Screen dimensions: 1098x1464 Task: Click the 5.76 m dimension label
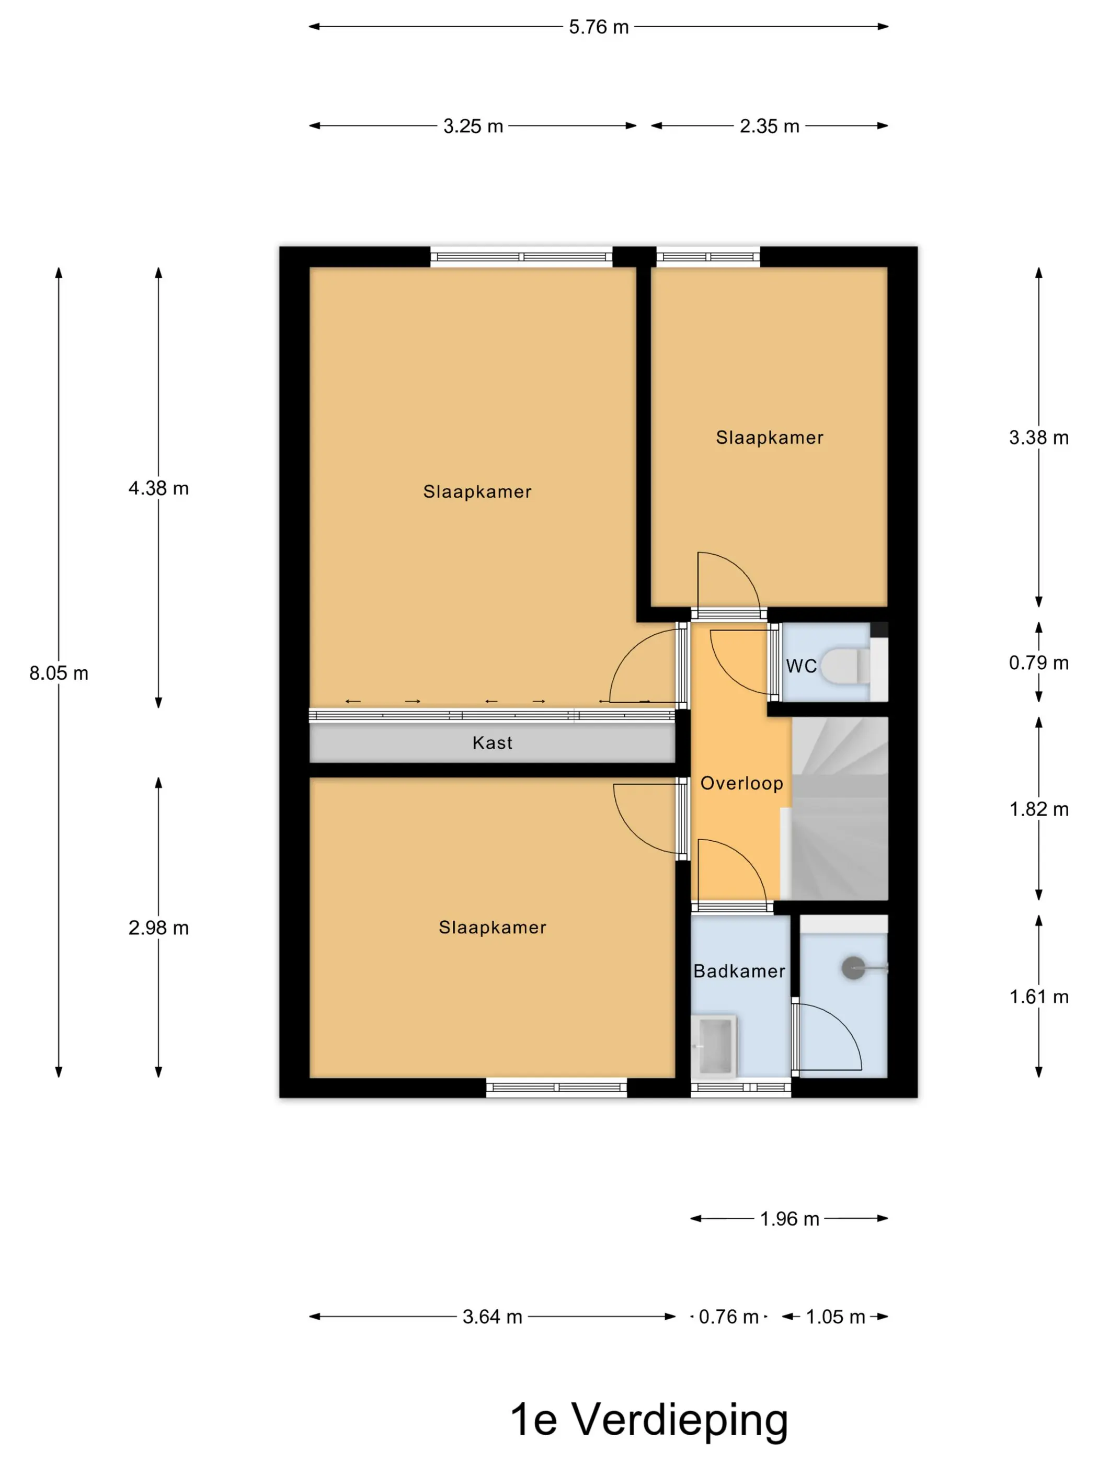tap(598, 27)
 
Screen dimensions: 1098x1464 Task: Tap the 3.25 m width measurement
tap(473, 126)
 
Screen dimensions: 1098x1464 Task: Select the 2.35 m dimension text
tap(769, 126)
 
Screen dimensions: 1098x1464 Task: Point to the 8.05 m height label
tap(59, 673)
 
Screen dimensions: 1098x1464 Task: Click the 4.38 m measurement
tap(159, 488)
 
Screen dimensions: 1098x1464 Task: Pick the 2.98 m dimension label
tap(159, 928)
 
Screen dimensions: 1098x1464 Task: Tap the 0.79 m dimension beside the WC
tap(1038, 662)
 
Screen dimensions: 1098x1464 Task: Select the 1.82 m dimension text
tap(1038, 809)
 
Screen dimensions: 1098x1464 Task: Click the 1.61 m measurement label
tap(1038, 997)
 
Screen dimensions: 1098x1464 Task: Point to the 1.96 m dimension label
tap(789, 1218)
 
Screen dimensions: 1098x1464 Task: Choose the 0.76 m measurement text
tap(728, 1317)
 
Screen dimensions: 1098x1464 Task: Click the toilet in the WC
tap(846, 665)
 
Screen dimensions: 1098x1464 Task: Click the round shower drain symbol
tap(853, 968)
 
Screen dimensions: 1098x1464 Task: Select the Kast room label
tap(493, 742)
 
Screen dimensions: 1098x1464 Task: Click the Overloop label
tap(742, 784)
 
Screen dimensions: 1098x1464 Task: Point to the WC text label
tap(802, 666)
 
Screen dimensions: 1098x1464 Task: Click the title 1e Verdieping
tap(649, 1420)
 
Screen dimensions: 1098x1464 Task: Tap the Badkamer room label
tap(739, 971)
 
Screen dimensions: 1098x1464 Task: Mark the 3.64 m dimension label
tap(493, 1317)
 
